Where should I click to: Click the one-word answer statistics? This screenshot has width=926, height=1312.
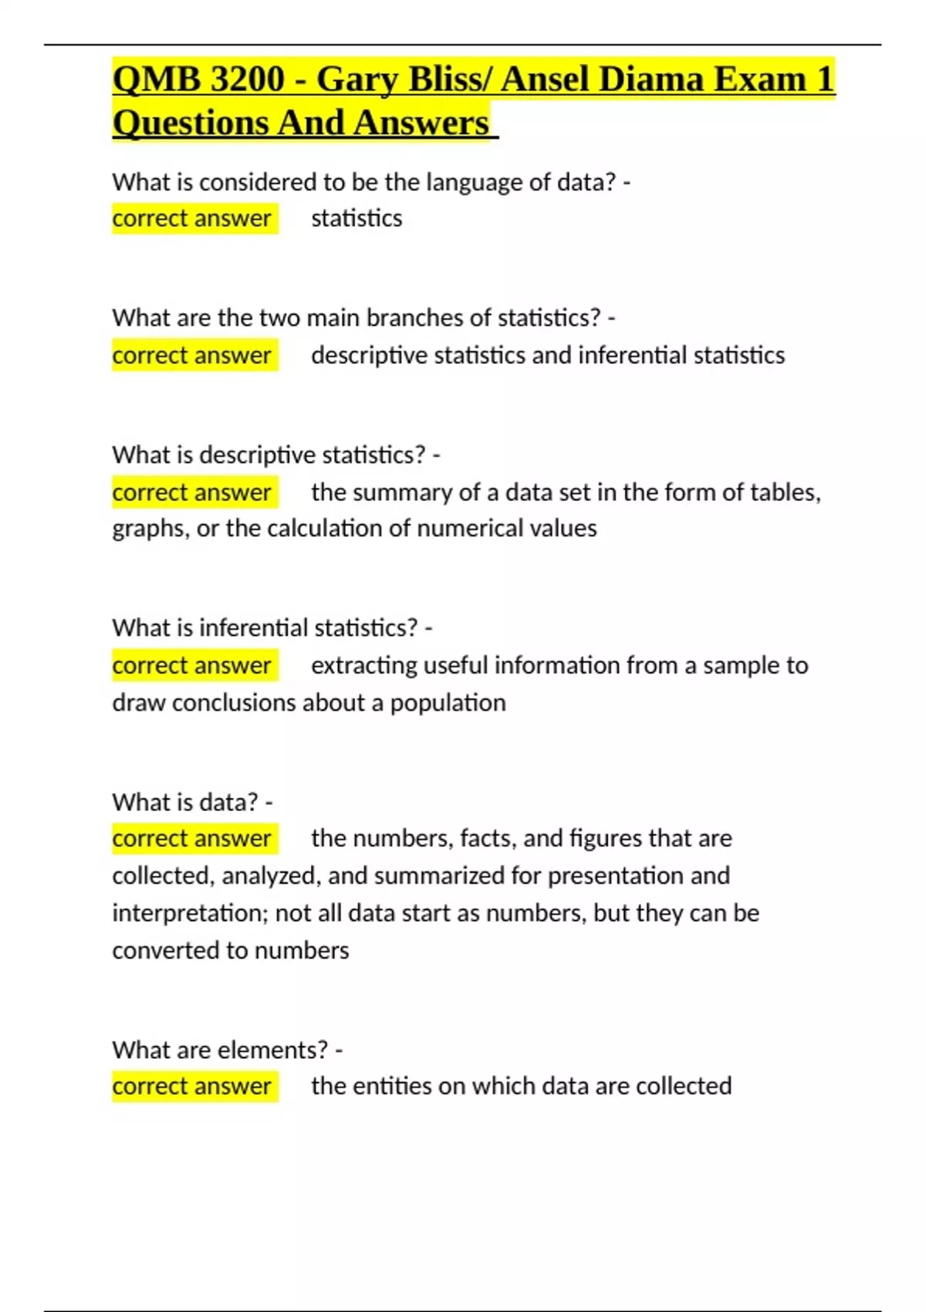click(357, 218)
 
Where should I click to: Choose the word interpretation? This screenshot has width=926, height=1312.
click(189, 913)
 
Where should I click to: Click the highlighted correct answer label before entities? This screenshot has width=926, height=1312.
click(192, 1086)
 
